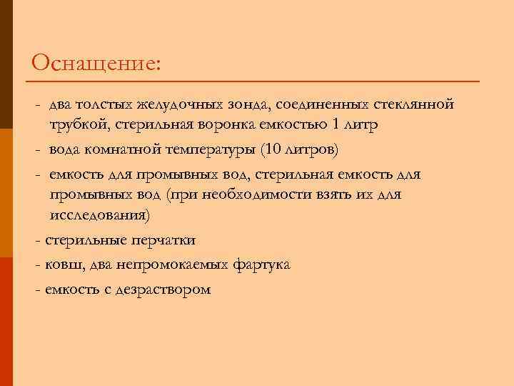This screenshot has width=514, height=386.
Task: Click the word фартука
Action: (261, 265)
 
